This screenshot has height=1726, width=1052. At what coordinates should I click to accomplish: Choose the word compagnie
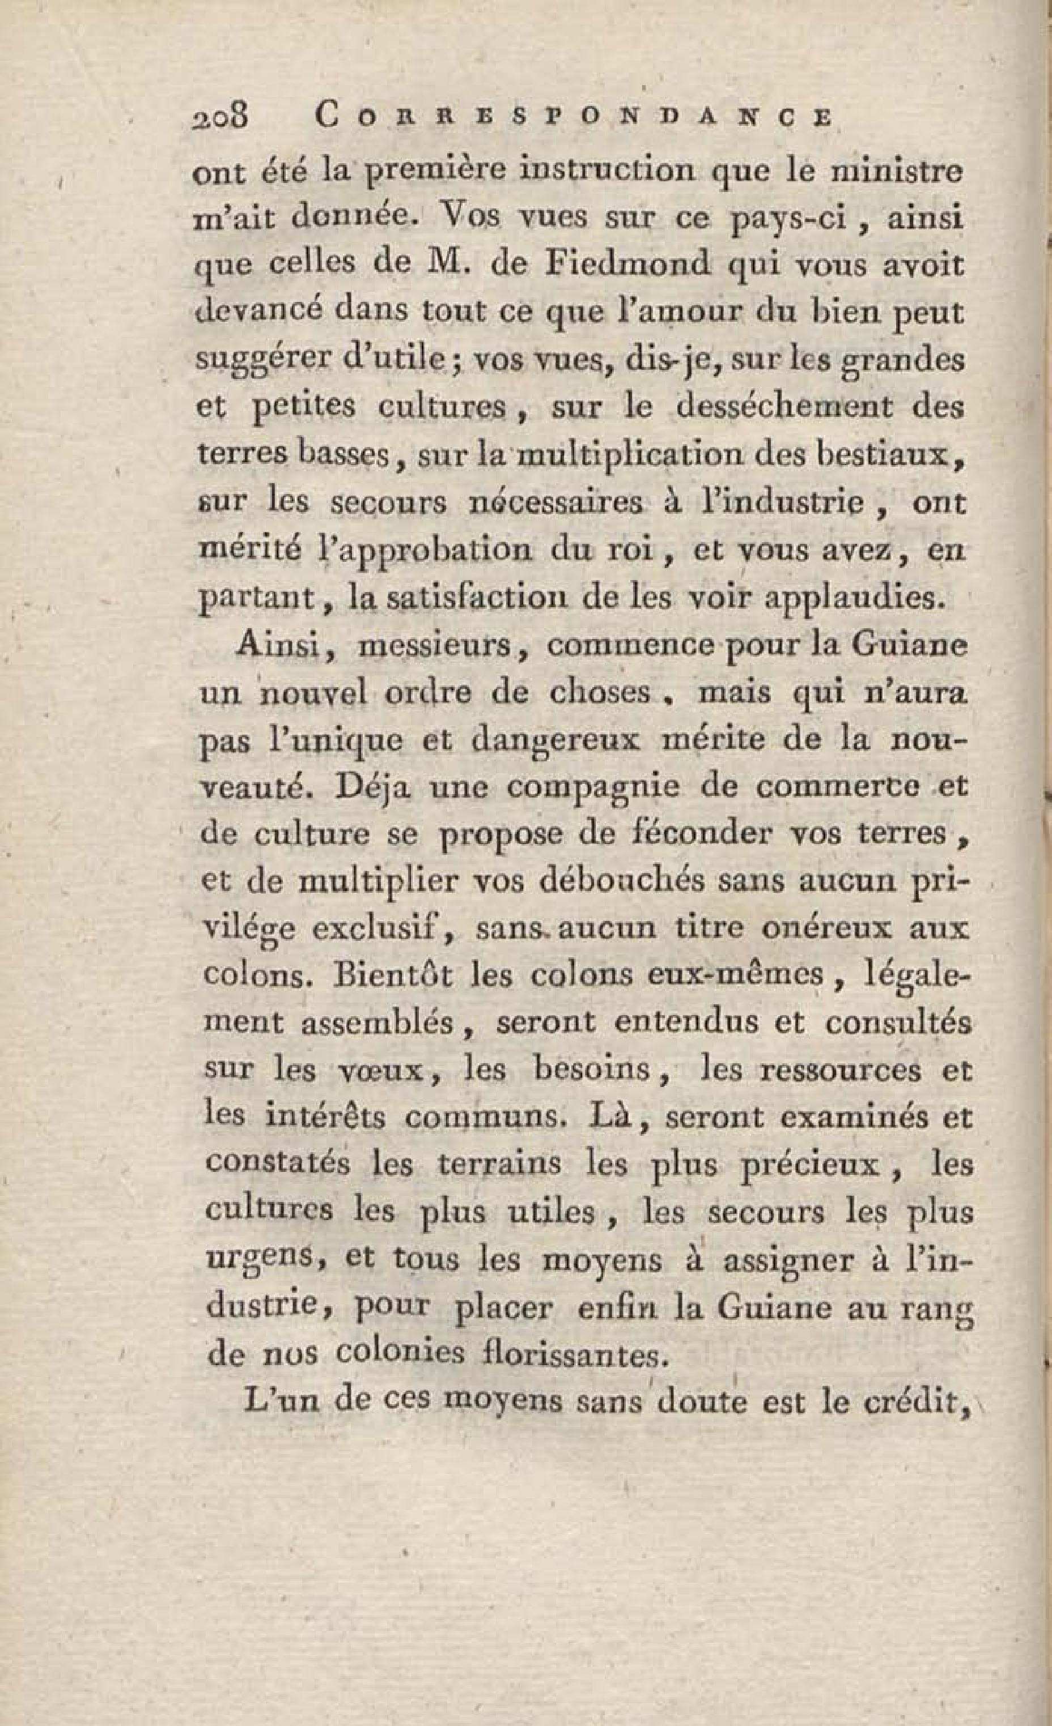(x=593, y=787)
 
